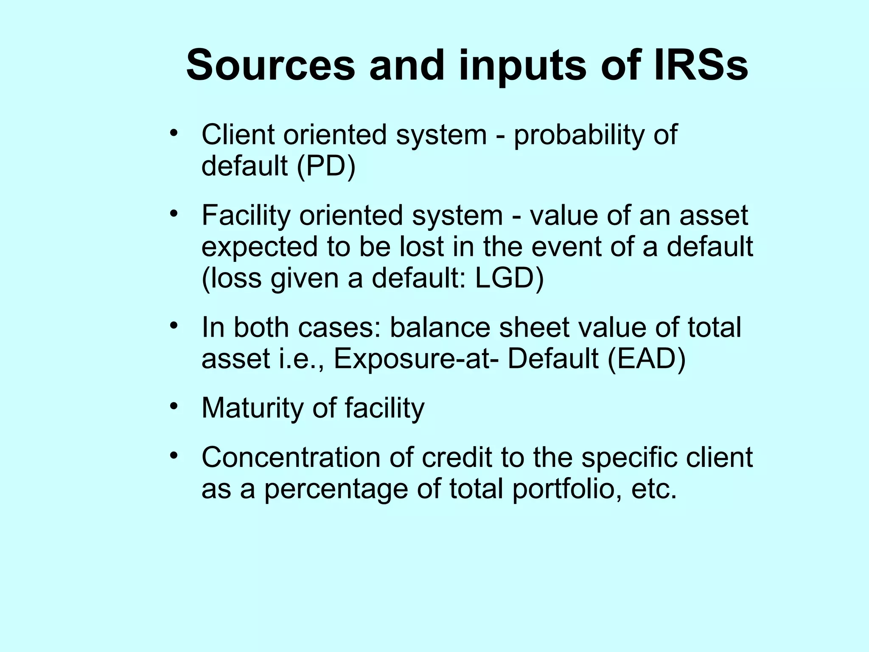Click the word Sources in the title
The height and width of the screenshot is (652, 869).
270,66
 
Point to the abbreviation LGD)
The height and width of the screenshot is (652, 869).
509,278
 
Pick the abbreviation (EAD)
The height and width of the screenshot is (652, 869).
646,359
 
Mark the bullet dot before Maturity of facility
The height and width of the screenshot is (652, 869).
173,407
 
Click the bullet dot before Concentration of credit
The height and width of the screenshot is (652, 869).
173,456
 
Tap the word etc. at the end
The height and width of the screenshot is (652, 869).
654,489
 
